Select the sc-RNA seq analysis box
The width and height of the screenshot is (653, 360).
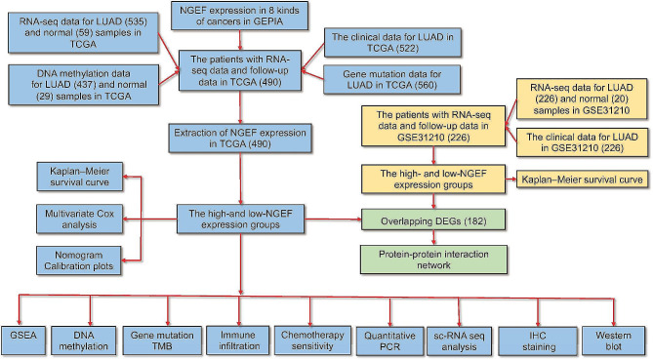coord(454,339)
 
